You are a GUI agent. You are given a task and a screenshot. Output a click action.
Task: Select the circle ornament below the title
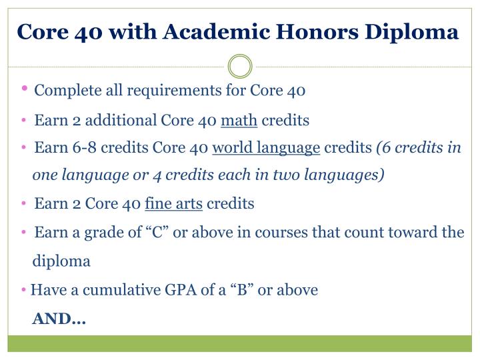click(240, 67)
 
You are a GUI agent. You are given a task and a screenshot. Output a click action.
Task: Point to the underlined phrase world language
click(267, 148)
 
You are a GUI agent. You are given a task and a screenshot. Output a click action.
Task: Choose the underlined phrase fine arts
click(173, 203)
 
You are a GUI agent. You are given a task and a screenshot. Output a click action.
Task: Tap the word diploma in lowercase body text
click(61, 261)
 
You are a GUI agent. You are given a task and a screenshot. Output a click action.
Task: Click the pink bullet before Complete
click(25, 89)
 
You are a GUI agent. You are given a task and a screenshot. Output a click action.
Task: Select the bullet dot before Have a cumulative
click(25, 291)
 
